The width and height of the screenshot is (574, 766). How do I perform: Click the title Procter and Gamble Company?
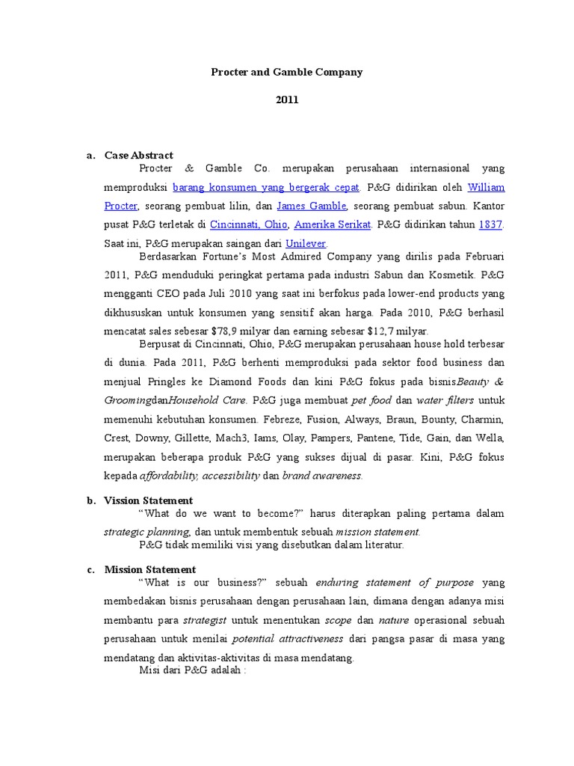point(286,73)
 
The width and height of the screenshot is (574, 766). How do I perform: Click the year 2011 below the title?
point(286,100)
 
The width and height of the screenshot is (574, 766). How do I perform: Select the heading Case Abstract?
point(139,156)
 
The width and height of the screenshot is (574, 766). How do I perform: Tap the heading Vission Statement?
point(149,500)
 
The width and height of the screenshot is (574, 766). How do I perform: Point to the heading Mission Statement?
point(150,569)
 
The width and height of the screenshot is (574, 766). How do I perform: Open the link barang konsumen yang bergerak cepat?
point(266,186)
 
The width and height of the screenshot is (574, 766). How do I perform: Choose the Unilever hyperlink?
point(306,243)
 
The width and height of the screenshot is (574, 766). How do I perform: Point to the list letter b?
point(90,500)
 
